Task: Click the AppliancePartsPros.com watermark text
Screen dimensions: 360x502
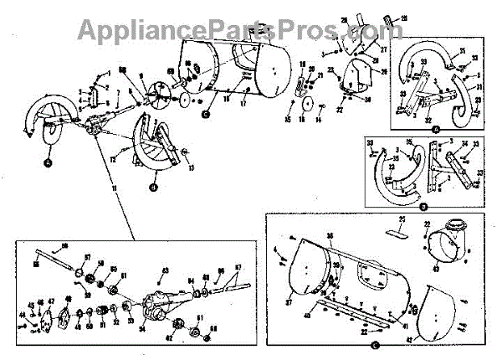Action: (235, 29)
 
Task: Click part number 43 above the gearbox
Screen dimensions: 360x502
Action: (165, 270)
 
